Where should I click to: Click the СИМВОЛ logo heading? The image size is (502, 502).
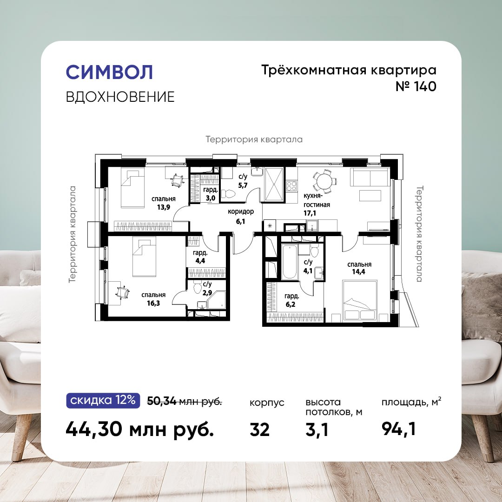(x=109, y=72)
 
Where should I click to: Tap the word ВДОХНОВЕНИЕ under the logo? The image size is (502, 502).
(x=120, y=97)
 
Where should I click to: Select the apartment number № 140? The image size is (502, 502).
(x=416, y=86)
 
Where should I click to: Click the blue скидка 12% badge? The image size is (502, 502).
(x=103, y=400)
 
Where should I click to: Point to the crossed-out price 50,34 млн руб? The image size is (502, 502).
(x=185, y=401)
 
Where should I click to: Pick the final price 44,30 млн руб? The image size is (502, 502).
(x=139, y=429)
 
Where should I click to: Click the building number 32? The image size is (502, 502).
(x=260, y=429)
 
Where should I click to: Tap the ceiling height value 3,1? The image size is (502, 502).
(x=317, y=429)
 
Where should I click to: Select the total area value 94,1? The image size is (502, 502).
(x=399, y=429)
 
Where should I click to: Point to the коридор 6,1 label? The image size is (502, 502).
(x=241, y=216)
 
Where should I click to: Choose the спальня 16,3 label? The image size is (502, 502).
(x=153, y=299)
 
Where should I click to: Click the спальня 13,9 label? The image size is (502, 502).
(x=163, y=203)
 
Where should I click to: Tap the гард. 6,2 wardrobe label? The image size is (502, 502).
(x=291, y=300)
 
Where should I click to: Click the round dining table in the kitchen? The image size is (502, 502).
(x=324, y=182)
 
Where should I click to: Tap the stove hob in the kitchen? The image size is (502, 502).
(x=291, y=186)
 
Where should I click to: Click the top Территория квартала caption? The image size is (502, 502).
(x=254, y=139)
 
